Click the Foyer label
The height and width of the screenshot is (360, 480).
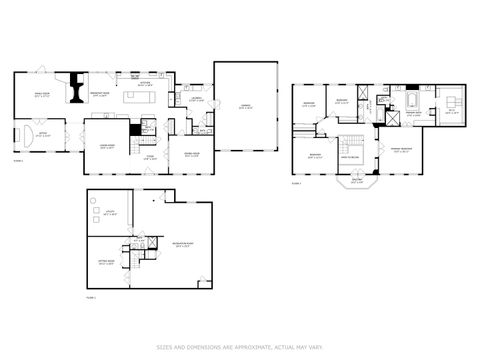(151, 156)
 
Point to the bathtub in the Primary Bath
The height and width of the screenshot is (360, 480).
(411, 103)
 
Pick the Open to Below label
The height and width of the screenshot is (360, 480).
(352, 158)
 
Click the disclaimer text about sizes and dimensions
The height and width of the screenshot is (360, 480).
(239, 347)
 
